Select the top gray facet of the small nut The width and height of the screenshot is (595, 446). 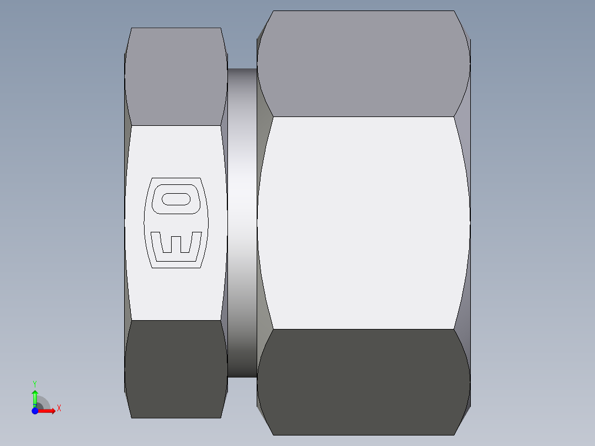click(176, 77)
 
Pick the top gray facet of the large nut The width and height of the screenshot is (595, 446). click(363, 64)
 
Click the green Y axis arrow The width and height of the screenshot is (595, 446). click(35, 396)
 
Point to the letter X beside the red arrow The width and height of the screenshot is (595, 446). click(59, 408)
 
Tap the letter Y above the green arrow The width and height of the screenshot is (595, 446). click(35, 383)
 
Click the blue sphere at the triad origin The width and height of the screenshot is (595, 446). click(35, 410)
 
